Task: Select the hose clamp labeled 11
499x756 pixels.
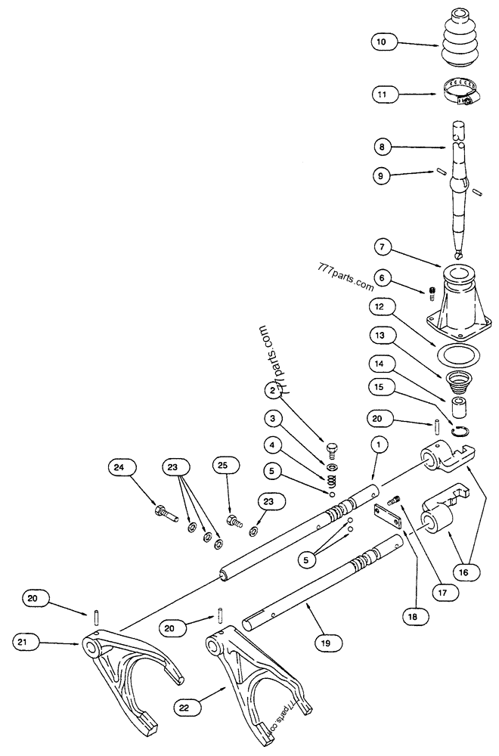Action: coord(460,95)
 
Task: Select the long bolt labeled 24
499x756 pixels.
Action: coord(164,518)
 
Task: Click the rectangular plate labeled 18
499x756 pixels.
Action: coord(388,518)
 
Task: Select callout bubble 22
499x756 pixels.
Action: coord(184,707)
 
